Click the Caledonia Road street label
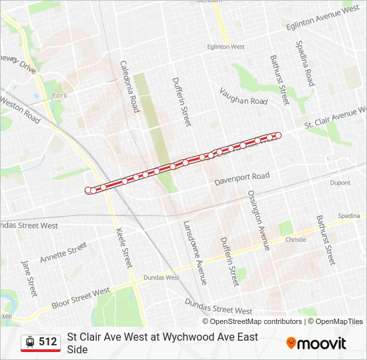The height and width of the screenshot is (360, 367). [x=129, y=86]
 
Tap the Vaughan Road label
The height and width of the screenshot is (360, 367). [x=244, y=101]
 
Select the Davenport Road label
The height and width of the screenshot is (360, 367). [x=242, y=178]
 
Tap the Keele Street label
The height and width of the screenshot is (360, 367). [x=125, y=249]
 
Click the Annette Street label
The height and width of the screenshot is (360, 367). [x=63, y=253]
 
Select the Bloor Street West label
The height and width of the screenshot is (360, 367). [x=82, y=299]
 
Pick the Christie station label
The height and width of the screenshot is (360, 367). [x=296, y=239]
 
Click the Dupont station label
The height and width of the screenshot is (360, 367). [x=340, y=183]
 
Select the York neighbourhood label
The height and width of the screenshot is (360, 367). [x=60, y=96]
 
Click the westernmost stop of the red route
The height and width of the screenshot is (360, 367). [x=88, y=191]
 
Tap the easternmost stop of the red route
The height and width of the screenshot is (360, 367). [x=278, y=135]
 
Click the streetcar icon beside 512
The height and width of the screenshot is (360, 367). [x=29, y=342]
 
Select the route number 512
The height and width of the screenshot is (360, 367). [x=48, y=342]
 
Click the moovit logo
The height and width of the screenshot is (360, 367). [x=316, y=343]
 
